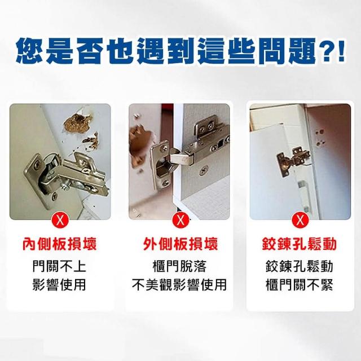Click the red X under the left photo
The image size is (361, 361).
tap(60, 220)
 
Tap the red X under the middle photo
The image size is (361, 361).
tap(180, 220)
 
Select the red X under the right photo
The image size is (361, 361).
tap(300, 220)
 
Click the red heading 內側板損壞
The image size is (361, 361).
tap(59, 244)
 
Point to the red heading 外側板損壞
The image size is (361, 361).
tap(180, 244)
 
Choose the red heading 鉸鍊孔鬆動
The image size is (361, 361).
tap(300, 244)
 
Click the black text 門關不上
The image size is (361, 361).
tap(59, 266)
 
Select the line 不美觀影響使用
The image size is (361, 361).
tap(179, 285)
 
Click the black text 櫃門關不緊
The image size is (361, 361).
tap(300, 285)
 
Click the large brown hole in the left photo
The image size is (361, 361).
tap(78, 124)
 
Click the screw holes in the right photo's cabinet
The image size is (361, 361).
tap(320, 138)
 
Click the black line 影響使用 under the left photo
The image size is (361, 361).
tap(59, 285)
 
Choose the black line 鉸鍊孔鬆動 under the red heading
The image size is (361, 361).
tap(300, 266)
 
